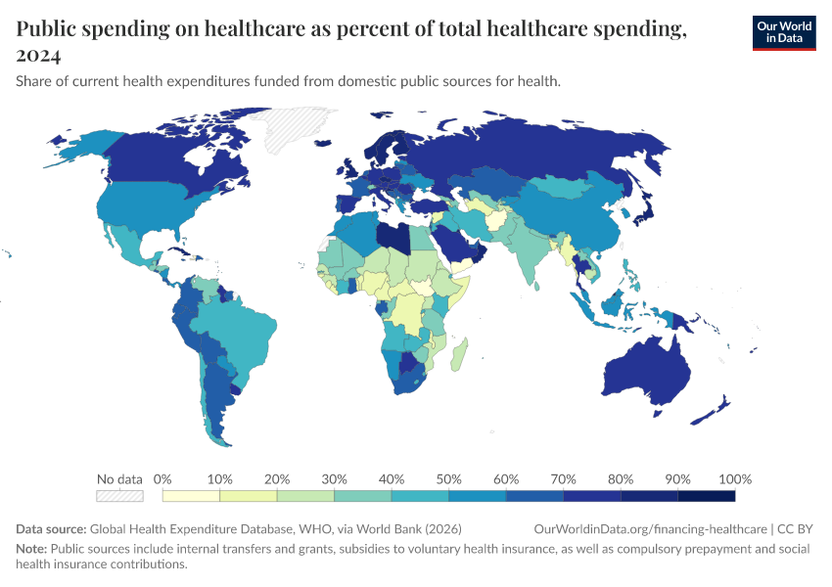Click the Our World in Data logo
click(x=783, y=32)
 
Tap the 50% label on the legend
click(x=449, y=479)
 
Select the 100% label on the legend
click(x=734, y=479)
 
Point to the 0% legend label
click(x=163, y=479)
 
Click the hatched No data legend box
click(x=119, y=496)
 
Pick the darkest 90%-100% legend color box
click(x=706, y=496)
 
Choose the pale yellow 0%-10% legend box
click(x=192, y=496)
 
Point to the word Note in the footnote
click(x=31, y=549)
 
